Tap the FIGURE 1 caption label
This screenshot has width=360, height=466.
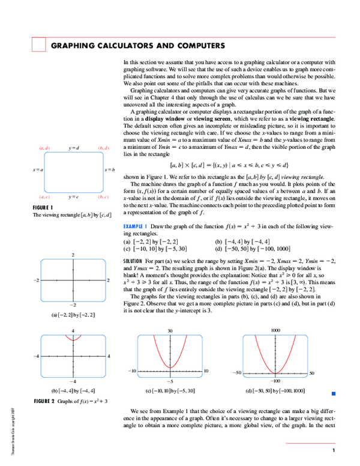(44, 208)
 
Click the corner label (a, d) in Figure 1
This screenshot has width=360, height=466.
(44, 148)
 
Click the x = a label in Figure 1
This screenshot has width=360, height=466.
(38, 171)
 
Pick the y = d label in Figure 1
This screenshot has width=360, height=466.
(74, 148)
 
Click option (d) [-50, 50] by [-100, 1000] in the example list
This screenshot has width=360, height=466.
(253, 247)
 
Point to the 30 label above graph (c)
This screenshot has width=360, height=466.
(170, 330)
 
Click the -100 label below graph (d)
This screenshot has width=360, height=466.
(275, 381)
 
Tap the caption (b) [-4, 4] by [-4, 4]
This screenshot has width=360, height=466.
(73, 390)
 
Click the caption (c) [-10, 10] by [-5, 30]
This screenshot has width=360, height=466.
(170, 390)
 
